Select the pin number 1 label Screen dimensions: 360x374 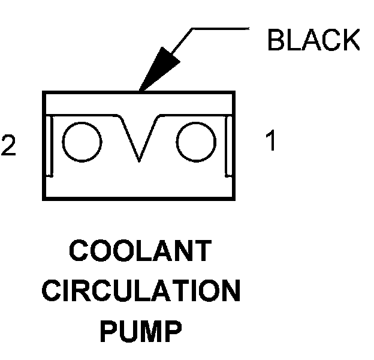pyautogui.click(x=271, y=142)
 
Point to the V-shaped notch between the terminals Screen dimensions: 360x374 pyautogui.click(x=139, y=138)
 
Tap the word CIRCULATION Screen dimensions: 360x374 pyautogui.click(x=141, y=291)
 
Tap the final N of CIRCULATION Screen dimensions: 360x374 pyautogui.click(x=230, y=291)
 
